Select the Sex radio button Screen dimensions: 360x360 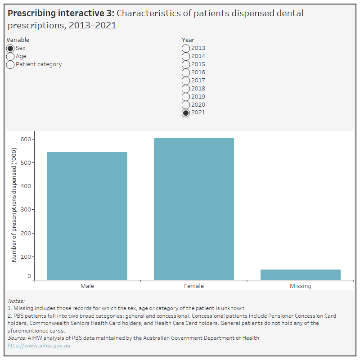pos(10,48)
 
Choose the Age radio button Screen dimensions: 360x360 pos(10,56)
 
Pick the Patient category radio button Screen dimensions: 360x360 pos(10,64)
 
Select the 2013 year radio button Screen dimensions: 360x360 pos(186,48)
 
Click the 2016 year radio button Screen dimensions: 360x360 pos(186,72)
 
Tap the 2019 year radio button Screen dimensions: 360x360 pos(186,97)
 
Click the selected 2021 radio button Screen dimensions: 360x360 pos(186,113)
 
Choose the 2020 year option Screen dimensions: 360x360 pos(186,105)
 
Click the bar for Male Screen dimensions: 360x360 pos(87,216)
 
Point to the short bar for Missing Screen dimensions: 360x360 pos(301,274)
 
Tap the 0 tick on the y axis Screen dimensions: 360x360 pos(29,276)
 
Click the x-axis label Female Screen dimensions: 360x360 pos(194,286)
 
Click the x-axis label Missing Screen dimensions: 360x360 pos(301,286)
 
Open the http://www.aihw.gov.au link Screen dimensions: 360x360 pos(39,346)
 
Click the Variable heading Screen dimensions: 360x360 pos(18,40)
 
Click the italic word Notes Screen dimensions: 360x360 pos(16,301)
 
